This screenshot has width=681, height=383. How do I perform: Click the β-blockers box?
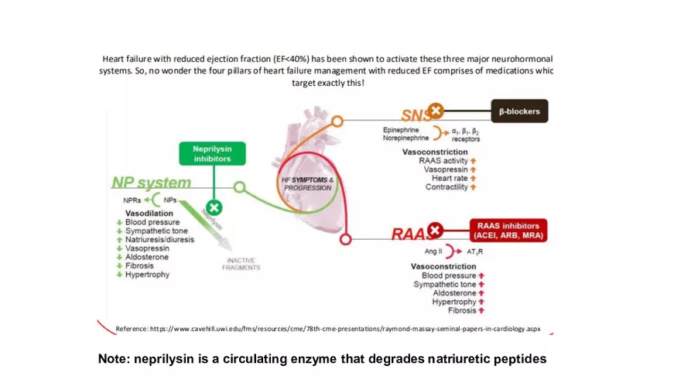tap(519, 111)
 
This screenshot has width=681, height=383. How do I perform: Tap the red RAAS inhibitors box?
tap(507, 231)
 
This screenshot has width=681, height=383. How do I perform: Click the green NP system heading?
tap(151, 183)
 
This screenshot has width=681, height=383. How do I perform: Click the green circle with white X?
tap(214, 207)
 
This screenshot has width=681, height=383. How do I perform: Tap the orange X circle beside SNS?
tap(436, 111)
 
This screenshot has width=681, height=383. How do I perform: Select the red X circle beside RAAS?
tap(435, 230)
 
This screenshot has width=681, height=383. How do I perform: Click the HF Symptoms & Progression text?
tap(307, 183)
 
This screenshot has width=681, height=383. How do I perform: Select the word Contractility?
tap(447, 187)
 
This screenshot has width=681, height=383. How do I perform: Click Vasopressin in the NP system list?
tap(148, 248)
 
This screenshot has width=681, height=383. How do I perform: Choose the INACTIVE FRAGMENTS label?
tap(241, 264)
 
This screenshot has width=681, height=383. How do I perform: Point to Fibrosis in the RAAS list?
tap(462, 310)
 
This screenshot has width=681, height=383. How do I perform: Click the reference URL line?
tap(328, 329)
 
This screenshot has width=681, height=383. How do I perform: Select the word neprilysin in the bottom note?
tap(166, 359)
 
